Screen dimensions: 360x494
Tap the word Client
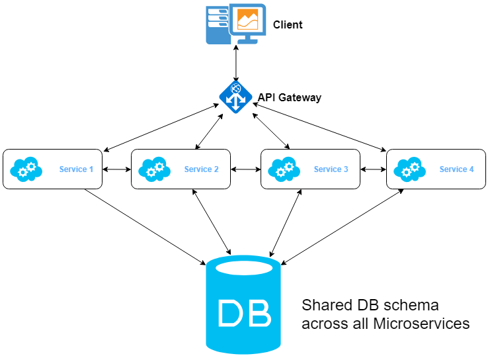[x=288, y=25]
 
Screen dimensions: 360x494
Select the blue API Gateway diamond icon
[x=235, y=97]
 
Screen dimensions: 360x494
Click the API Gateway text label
[x=289, y=97]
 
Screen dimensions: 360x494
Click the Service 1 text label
[x=76, y=169]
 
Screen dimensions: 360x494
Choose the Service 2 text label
[x=202, y=169]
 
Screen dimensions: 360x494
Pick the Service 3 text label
[x=331, y=169]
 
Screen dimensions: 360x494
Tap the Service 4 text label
[x=456, y=169]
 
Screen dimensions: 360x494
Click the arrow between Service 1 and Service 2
[x=117, y=169]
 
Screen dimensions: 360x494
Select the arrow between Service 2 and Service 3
[x=245, y=169]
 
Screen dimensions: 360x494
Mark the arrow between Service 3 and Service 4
[x=373, y=169]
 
